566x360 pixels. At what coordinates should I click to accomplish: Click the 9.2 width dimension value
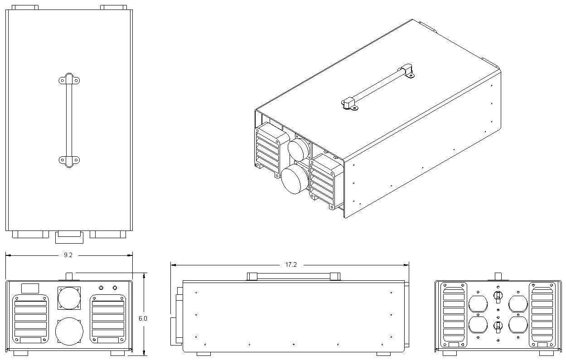[x=68, y=255]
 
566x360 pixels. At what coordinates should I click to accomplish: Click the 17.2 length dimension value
[x=291, y=265]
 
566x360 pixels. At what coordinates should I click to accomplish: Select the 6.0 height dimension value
[x=143, y=318]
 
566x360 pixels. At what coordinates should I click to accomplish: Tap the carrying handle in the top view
[x=69, y=120]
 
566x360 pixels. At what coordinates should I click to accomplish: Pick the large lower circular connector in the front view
[x=69, y=331]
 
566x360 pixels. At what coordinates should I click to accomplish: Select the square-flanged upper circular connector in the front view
[x=69, y=298]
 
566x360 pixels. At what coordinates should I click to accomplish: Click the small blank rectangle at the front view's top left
[x=30, y=288]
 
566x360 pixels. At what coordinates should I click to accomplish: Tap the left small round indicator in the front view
[x=102, y=288]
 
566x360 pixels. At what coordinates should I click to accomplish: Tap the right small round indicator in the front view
[x=115, y=288]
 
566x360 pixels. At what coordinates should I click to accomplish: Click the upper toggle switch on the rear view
[x=497, y=297]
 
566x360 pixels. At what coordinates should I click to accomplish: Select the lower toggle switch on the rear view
[x=497, y=326]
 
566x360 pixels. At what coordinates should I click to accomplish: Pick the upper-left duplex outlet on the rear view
[x=478, y=304]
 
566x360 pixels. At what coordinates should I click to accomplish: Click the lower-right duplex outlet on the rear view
[x=518, y=326]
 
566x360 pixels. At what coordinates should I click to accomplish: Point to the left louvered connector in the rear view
[x=454, y=315]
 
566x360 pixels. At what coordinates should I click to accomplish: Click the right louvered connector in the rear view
[x=542, y=315]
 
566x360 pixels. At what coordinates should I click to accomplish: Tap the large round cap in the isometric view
[x=294, y=179]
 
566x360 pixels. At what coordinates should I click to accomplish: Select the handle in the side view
[x=293, y=276]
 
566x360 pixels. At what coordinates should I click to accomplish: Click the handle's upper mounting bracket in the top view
[x=69, y=80]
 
